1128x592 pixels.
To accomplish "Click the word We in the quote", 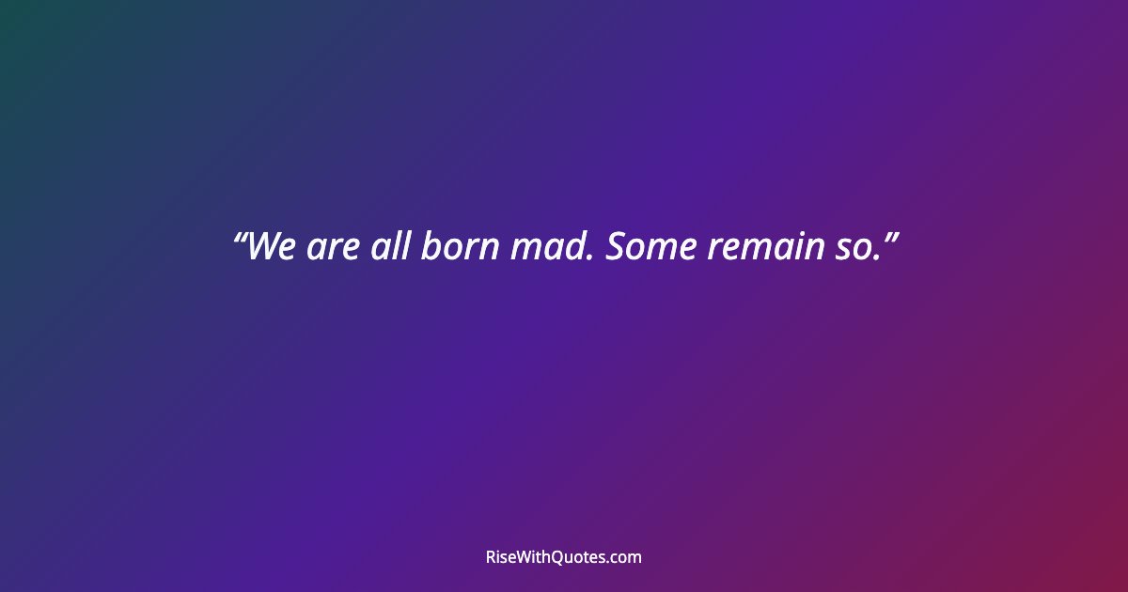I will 273,247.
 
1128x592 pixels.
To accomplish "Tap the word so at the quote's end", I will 853,250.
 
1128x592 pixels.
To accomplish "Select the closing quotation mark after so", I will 888,236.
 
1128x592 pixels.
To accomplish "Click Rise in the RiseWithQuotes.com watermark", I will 502,557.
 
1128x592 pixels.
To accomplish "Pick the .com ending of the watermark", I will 626,558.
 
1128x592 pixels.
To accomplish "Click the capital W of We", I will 264,247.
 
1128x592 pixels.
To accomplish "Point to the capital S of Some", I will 616,247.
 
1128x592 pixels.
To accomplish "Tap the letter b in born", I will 430,246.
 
